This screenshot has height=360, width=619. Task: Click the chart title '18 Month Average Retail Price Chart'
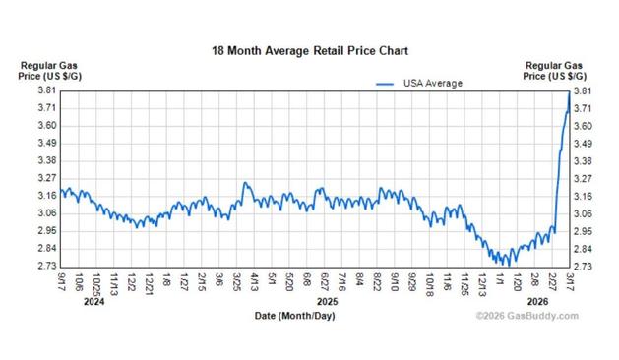(309, 49)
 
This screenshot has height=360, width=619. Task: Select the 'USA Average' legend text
(434, 83)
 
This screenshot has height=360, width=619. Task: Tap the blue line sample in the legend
(387, 83)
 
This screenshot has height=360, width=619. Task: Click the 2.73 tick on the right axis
(583, 267)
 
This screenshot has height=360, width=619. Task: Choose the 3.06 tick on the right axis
(583, 213)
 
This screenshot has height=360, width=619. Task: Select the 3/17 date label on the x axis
(572, 282)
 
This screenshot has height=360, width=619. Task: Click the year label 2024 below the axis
(94, 302)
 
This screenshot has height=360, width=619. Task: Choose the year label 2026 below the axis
(537, 302)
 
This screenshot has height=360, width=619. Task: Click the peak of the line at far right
(570, 94)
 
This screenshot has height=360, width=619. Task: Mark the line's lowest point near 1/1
(506, 264)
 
